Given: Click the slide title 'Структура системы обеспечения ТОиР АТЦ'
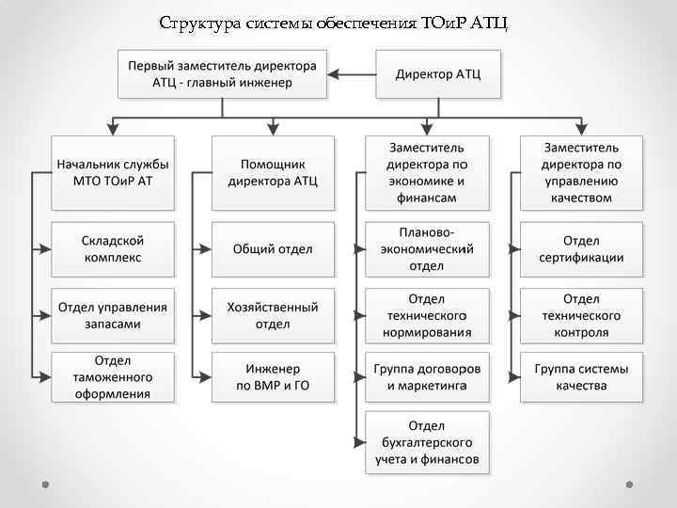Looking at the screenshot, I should coord(334,22).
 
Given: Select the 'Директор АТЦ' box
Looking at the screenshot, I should coord(437,74).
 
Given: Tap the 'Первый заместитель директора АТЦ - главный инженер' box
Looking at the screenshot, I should coord(222,74).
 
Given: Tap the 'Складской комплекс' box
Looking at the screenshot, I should coord(113,249).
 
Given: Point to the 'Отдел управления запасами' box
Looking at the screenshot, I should coord(113,315).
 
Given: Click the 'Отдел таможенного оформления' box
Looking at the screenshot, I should coord(113,377).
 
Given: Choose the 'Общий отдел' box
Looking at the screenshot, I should coord(273,249).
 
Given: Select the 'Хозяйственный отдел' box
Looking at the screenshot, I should coord(273,315).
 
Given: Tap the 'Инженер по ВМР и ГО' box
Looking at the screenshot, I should coord(273,377).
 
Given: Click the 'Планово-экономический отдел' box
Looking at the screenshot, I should coord(426,249).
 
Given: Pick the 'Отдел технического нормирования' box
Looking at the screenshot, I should coord(426,315).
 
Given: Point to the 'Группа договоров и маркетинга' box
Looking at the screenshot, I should coord(426,377).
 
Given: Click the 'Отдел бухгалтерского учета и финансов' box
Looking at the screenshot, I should coord(426,442).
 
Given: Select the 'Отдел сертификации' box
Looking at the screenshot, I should coord(582,249).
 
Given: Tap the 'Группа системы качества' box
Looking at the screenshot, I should coord(582,377).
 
